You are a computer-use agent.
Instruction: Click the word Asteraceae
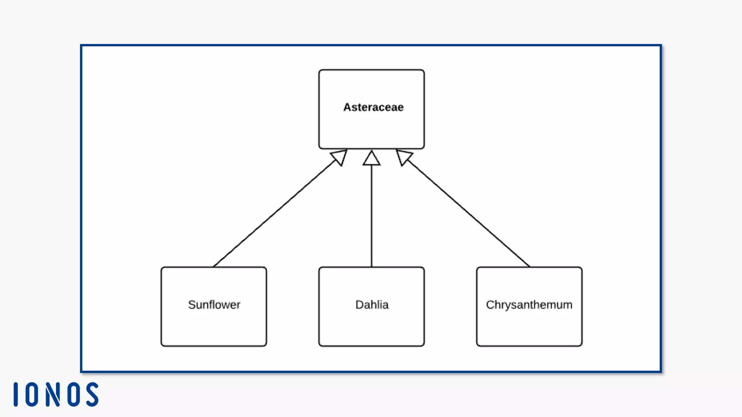[x=373, y=107]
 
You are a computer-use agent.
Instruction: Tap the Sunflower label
[x=214, y=305]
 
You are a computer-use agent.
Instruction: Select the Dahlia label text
[x=372, y=305]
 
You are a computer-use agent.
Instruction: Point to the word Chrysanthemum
[x=529, y=305]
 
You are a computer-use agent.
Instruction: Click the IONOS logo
[x=56, y=395]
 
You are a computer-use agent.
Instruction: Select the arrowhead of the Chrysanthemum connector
[x=403, y=157]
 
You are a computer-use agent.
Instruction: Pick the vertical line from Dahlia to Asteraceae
[x=372, y=216]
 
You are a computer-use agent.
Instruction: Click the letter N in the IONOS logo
[x=53, y=395]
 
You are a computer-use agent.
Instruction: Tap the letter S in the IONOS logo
[x=92, y=395]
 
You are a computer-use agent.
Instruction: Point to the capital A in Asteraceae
[x=347, y=107]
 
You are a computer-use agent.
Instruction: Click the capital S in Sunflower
[x=191, y=305]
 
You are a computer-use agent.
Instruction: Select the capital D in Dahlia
[x=359, y=305]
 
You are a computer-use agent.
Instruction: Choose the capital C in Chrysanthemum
[x=490, y=305]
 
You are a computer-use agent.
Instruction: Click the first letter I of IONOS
[x=16, y=395]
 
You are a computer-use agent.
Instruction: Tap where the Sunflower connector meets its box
[x=214, y=266]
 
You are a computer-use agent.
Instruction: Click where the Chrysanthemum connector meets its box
[x=529, y=266]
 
